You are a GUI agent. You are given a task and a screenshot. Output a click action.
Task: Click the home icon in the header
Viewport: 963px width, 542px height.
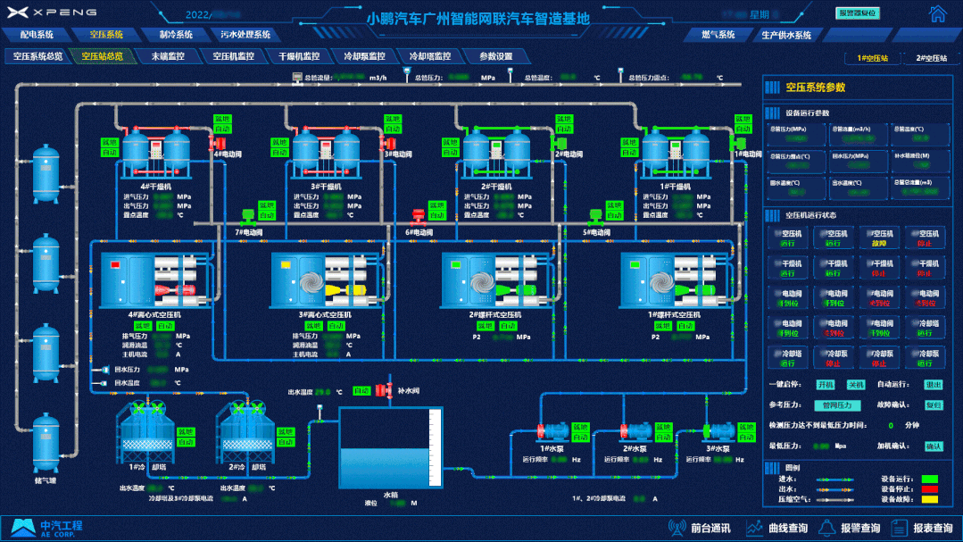click(x=936, y=14)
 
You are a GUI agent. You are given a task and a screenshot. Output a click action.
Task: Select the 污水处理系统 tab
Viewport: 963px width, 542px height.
click(x=245, y=35)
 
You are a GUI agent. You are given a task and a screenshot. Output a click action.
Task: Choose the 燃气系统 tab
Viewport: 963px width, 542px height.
click(x=718, y=35)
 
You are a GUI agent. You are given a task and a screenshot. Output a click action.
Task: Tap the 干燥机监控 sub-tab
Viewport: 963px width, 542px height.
click(x=298, y=56)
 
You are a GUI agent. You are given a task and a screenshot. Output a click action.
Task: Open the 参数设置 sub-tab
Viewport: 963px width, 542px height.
click(x=495, y=56)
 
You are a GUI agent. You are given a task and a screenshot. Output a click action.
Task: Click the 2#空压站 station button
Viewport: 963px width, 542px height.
click(x=930, y=58)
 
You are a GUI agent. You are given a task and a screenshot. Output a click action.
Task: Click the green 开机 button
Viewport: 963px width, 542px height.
click(x=826, y=385)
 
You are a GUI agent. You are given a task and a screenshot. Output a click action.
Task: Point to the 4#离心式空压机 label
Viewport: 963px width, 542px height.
click(x=154, y=315)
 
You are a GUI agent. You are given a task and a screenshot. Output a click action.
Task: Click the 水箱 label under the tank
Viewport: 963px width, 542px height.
click(x=390, y=494)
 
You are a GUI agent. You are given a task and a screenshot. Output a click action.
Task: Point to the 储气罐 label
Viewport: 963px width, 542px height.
click(x=45, y=481)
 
